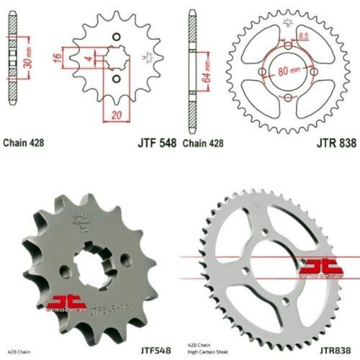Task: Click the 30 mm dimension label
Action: point(30,58)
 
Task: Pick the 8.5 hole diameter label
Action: point(303,36)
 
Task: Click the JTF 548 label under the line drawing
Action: point(157,143)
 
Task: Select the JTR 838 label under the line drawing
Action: point(337,143)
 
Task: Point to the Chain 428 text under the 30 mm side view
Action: point(24,143)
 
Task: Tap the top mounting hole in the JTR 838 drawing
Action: point(288,46)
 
